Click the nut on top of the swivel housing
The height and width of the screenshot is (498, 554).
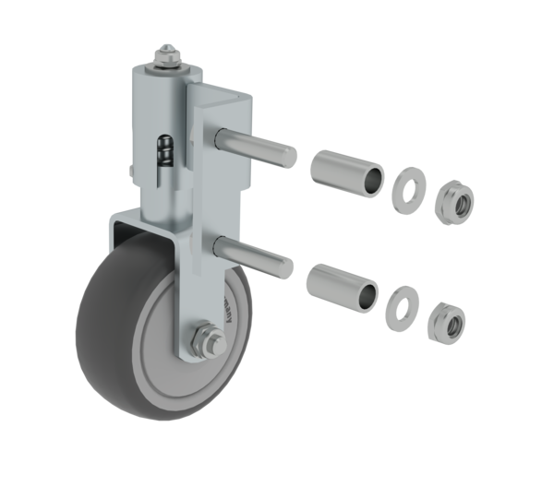[x=168, y=57]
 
